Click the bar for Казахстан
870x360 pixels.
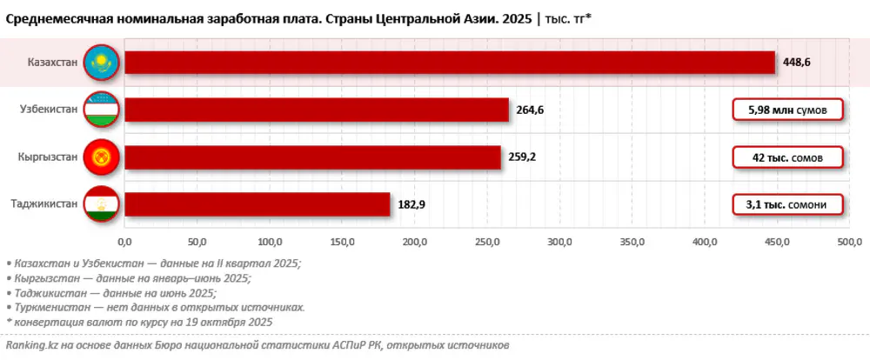pos(450,63)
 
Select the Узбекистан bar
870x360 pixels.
pos(317,110)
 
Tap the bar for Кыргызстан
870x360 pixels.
pos(313,157)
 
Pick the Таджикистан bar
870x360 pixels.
pos(258,204)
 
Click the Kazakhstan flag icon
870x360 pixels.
pos(99,63)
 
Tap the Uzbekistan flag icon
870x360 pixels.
pos(99,110)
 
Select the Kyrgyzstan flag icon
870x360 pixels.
pos(99,157)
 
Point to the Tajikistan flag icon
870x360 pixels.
pos(99,204)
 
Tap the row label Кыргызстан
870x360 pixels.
pos(48,157)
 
